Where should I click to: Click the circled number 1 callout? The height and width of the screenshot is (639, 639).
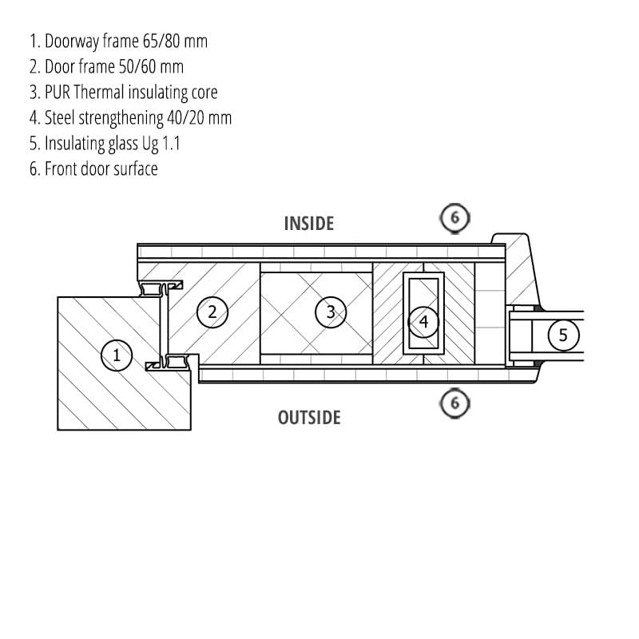coord(117,355)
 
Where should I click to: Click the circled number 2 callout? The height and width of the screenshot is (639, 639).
coord(212,312)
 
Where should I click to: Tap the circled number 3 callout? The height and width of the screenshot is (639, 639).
coord(331,312)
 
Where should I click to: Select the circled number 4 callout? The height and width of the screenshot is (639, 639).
coord(423,322)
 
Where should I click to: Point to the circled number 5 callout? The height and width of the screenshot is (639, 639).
coord(563,335)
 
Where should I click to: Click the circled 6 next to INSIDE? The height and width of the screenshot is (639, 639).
coord(455,218)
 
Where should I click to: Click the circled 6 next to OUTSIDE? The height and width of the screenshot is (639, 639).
coord(455,403)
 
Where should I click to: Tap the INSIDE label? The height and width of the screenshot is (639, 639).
coord(308,223)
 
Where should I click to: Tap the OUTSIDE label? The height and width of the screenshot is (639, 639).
coord(309,417)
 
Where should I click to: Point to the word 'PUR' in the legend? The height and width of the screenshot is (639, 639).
coord(58,92)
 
